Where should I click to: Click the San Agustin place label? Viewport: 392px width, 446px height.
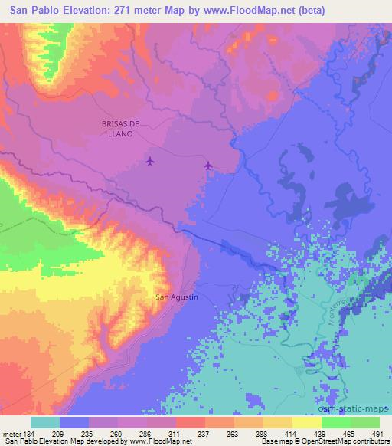(x=177, y=297)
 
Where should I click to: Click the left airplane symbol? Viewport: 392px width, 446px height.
(x=149, y=161)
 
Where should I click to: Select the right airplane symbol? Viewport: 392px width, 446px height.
(x=208, y=165)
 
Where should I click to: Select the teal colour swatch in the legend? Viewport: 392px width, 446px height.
(x=45, y=421)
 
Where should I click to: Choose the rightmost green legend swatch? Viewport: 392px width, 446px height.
(x=365, y=421)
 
